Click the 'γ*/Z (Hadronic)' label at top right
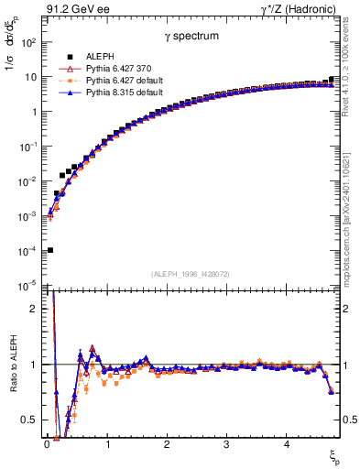coord(302,10)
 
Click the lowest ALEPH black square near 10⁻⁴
coord(50,250)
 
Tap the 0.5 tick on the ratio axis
coord(29,420)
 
